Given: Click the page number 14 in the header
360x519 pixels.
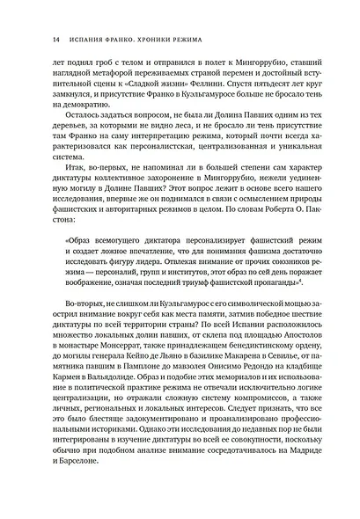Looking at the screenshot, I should [33, 39].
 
